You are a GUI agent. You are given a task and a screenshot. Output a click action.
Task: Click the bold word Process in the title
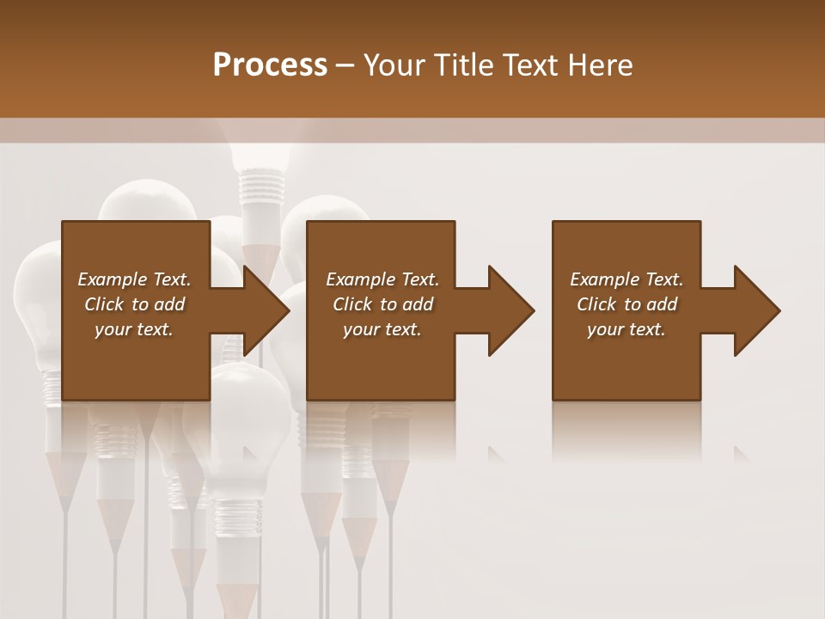[x=270, y=65]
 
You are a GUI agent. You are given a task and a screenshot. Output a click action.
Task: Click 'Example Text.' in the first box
[x=134, y=279]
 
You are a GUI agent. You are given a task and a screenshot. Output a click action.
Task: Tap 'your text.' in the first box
[x=134, y=329]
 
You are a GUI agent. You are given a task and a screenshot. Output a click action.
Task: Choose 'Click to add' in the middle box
[x=382, y=304]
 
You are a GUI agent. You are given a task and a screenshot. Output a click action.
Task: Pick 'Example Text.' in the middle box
[x=382, y=279]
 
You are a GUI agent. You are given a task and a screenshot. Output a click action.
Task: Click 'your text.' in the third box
[x=626, y=329]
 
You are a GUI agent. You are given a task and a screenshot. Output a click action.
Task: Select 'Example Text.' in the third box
[x=626, y=279]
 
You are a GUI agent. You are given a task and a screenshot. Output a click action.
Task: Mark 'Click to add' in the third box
[x=626, y=304]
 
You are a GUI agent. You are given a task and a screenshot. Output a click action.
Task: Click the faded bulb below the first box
[x=250, y=447]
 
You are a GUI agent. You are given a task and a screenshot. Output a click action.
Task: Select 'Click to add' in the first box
[x=134, y=304]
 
